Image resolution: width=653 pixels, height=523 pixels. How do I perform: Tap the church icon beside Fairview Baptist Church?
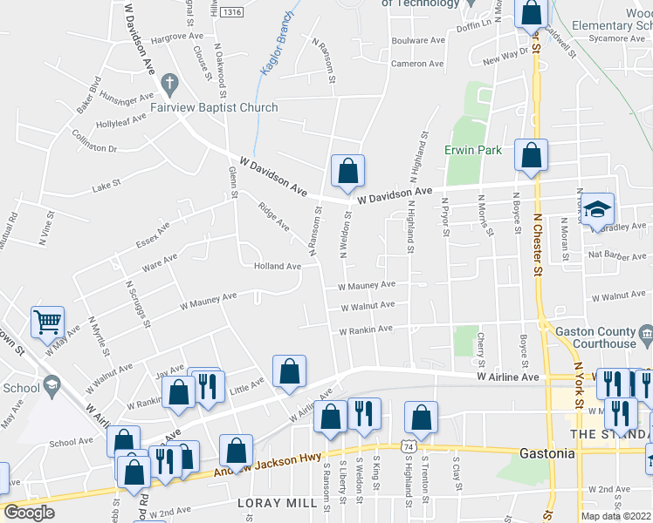click(169, 85)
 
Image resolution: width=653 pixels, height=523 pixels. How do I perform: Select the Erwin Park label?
click(473, 150)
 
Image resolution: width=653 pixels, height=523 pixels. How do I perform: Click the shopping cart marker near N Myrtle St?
click(47, 322)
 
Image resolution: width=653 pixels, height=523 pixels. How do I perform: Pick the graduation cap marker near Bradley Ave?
click(598, 209)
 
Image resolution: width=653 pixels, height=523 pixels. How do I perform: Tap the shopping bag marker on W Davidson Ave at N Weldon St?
click(347, 172)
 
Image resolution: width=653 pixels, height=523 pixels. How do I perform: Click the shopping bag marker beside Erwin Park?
click(531, 155)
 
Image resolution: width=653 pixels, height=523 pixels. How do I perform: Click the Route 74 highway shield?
click(408, 446)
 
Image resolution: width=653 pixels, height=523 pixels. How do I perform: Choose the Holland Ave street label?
click(277, 266)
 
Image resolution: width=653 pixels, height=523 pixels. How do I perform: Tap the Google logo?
click(29, 513)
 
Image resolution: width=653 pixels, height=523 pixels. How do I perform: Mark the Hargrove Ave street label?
click(175, 39)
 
